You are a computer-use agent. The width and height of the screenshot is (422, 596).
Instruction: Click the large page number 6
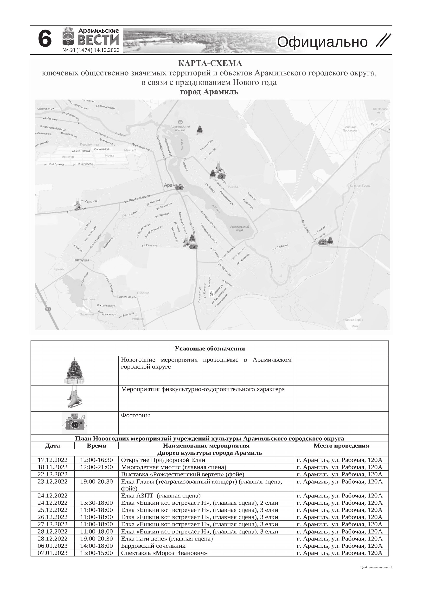click(45, 39)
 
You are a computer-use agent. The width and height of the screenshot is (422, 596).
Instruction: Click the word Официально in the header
click(322, 42)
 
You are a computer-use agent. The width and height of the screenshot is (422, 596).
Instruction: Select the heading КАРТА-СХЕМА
click(210, 63)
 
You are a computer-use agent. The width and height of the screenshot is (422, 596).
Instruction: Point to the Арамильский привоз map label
click(180, 128)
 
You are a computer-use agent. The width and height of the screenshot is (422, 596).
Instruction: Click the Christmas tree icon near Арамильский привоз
click(199, 130)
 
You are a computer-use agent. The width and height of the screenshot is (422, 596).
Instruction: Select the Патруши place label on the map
click(81, 260)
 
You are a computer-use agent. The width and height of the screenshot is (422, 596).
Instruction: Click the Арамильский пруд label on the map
click(239, 228)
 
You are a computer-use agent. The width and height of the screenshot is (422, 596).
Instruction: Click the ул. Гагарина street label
click(149, 245)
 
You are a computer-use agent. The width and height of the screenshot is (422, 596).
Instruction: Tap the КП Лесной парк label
click(380, 111)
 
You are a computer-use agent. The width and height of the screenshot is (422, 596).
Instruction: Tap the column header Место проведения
click(341, 446)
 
